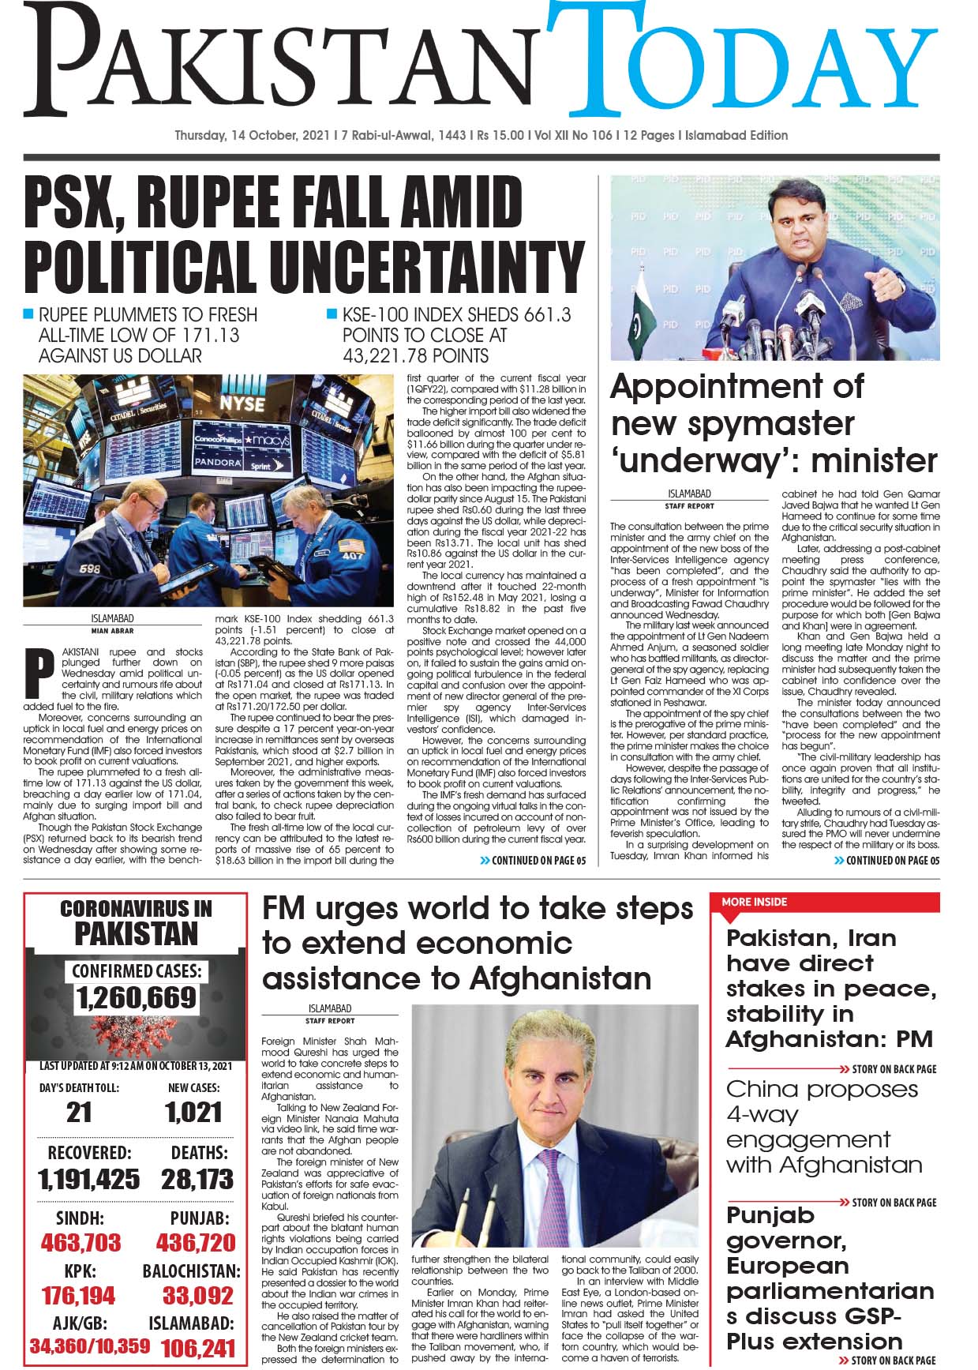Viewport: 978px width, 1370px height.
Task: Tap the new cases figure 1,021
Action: point(193,1113)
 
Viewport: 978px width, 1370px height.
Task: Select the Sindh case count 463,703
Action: point(81,1243)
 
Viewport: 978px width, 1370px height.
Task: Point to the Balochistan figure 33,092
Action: point(197,1296)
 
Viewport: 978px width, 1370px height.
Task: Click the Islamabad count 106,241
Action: point(197,1349)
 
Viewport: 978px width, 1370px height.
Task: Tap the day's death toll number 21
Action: point(79,1113)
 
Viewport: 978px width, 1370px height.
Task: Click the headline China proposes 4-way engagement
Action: point(822,1126)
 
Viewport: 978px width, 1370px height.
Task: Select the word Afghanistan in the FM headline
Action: point(560,979)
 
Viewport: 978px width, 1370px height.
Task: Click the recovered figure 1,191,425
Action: point(88,1180)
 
